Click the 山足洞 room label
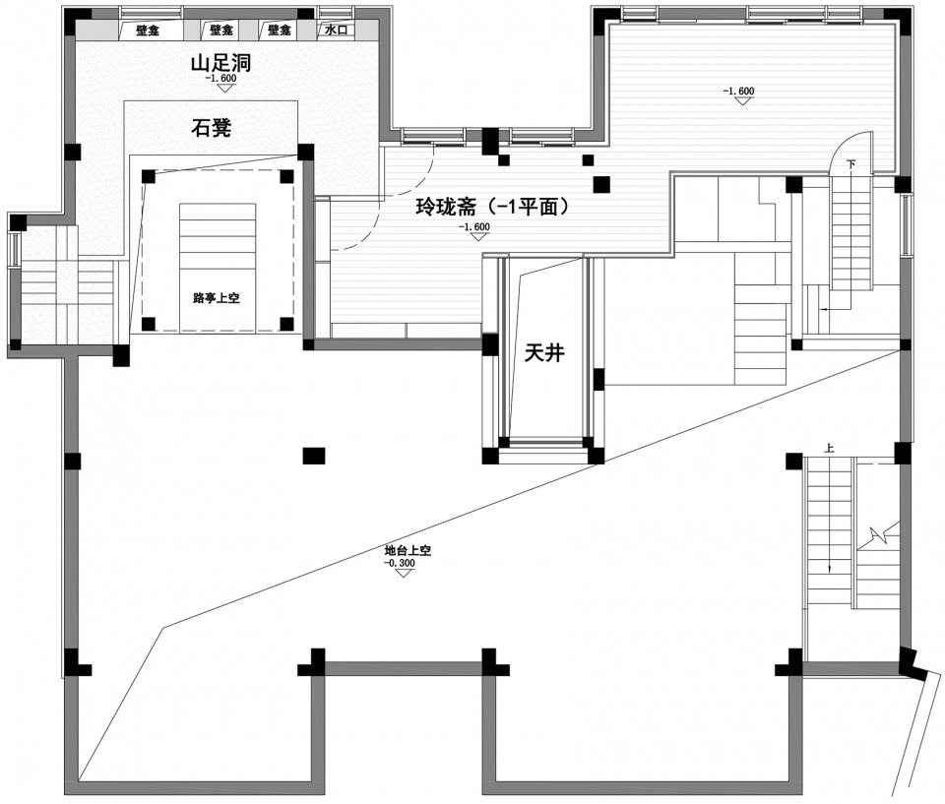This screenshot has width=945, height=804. coord(220,63)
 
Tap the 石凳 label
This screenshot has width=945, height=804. coord(212,128)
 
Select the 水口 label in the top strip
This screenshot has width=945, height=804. coord(337,30)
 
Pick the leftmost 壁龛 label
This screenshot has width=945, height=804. coord(147,31)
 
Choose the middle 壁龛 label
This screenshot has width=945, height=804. coord(221,30)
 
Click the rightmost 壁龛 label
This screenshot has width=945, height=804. coord(279,30)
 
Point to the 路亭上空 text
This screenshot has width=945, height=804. coord(217,298)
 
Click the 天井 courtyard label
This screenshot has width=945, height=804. coord(544,352)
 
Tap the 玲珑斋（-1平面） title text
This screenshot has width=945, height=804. coord(493,207)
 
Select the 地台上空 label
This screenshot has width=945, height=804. coord(408,550)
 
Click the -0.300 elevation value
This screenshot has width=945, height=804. coord(399,563)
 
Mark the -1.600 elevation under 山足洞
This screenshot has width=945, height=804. coord(220,78)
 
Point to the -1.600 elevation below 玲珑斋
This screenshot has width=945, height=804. coord(473,226)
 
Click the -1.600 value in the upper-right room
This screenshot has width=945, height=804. coord(737,91)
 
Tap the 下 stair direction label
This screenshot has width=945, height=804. coord(850,163)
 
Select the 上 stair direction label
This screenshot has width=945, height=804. coord(830,449)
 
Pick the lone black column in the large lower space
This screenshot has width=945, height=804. coord(313,456)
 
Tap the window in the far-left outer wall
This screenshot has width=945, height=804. coord(12,249)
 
